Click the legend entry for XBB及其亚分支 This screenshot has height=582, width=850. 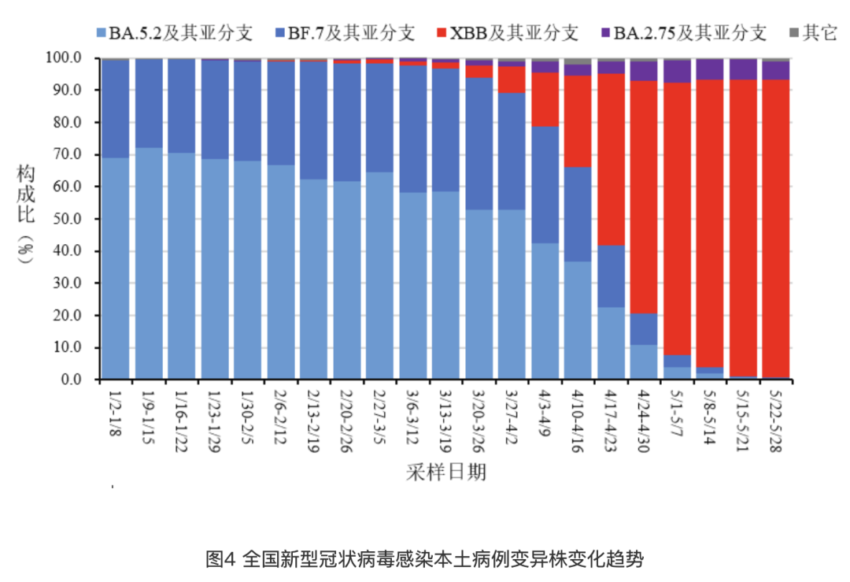[507, 34]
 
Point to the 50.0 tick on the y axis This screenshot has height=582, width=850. [66, 219]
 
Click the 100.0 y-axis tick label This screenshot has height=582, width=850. [63, 58]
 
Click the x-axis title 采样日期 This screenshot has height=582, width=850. [445, 472]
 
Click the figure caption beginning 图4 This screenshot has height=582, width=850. [425, 560]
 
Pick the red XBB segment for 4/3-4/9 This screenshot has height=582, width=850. [545, 99]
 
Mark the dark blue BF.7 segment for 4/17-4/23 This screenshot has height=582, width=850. [611, 276]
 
